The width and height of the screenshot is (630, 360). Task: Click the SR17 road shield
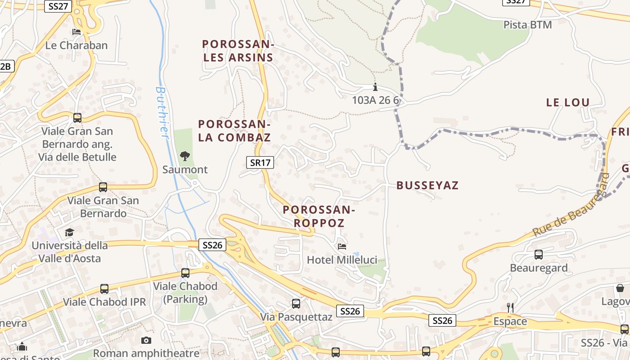tap(260, 162)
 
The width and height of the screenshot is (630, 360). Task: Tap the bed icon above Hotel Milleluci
tap(342, 247)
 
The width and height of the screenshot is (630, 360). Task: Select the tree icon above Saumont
tap(184, 156)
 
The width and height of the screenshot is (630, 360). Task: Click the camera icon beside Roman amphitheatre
tap(146, 340)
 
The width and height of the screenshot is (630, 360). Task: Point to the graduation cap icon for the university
tap(69, 232)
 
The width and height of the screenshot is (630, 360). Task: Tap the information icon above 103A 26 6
tap(375, 87)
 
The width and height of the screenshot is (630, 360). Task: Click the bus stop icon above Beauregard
tap(538, 254)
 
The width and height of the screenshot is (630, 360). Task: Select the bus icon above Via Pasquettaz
tap(296, 303)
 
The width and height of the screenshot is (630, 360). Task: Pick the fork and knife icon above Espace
tap(510, 308)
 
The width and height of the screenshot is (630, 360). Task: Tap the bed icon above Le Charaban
tap(76, 32)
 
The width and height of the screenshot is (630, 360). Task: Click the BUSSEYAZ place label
tap(427, 185)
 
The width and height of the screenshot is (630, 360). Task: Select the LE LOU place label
tap(567, 103)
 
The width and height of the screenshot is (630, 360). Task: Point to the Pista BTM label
tap(527, 25)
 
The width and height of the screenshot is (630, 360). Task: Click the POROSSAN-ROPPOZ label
tap(319, 216)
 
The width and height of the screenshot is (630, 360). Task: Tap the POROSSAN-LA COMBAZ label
tap(234, 130)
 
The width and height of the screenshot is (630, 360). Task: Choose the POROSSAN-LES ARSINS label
tap(238, 51)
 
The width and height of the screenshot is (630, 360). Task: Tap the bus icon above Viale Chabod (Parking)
tap(185, 273)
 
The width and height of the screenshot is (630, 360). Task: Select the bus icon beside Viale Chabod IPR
tap(104, 288)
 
